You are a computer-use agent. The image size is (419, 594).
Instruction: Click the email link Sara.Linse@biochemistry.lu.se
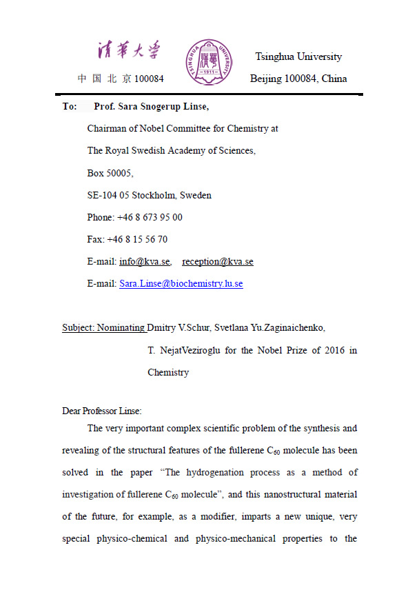(181, 284)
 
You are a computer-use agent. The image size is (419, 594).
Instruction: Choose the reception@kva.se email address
(218, 262)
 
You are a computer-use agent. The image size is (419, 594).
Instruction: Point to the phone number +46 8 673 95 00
(150, 217)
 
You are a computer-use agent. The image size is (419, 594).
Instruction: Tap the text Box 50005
(110, 173)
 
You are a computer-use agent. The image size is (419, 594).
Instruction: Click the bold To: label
(70, 107)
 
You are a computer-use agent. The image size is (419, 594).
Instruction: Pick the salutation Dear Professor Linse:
(101, 411)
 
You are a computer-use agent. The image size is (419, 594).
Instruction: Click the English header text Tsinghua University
(298, 57)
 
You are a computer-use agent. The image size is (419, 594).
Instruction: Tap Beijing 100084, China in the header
(298, 79)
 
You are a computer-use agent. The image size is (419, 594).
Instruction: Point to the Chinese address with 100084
(121, 79)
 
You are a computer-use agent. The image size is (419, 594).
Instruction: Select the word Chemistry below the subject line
(168, 372)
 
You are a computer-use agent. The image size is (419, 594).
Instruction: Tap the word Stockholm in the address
(154, 195)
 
